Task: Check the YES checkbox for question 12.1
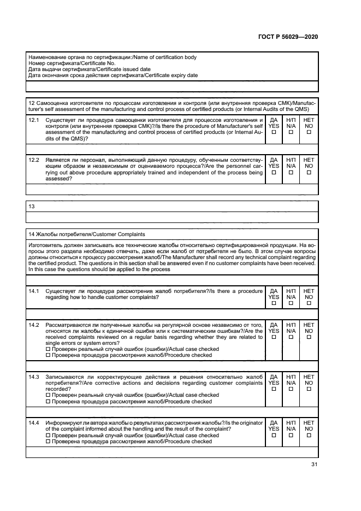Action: pyautogui.click(x=274, y=132)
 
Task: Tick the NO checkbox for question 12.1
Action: pyautogui.click(x=309, y=132)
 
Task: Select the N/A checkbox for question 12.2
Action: pyautogui.click(x=291, y=172)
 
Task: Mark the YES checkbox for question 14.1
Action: pyautogui.click(x=274, y=303)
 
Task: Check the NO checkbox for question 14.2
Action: pyautogui.click(x=309, y=337)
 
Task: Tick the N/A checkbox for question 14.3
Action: pyautogui.click(x=291, y=389)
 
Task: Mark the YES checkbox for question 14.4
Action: pyautogui.click(x=274, y=436)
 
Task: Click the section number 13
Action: pyautogui.click(x=31, y=207)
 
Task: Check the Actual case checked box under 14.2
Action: pyautogui.click(x=48, y=349)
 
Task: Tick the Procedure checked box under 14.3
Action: pyautogui.click(x=48, y=402)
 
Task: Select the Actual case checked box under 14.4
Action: pyautogui.click(x=48, y=435)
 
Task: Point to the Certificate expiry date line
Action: pyautogui.click(x=113, y=75)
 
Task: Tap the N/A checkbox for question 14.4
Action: pyautogui.click(x=291, y=436)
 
